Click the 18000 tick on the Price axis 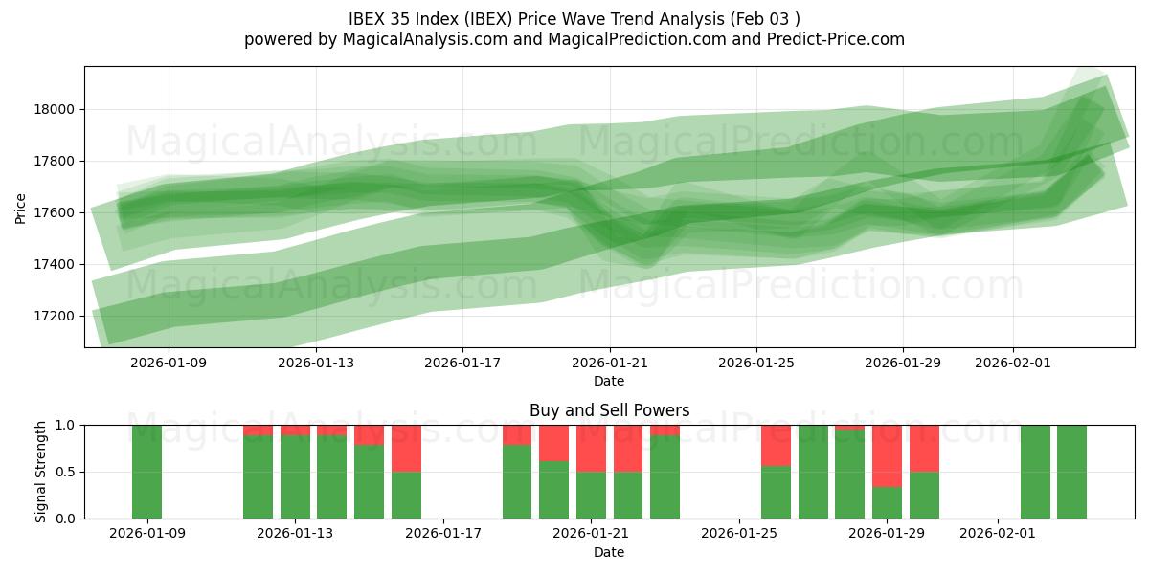56,109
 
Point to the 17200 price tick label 56,316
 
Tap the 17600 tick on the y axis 56,212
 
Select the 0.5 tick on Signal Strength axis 65,472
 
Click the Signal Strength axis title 42,472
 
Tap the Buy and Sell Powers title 609,410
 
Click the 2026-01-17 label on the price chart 462,363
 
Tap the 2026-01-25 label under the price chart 756,363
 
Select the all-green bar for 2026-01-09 146,472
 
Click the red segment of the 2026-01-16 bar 406,448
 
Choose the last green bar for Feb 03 1071,472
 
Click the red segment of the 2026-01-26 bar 776,445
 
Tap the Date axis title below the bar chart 609,552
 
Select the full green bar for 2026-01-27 813,472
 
